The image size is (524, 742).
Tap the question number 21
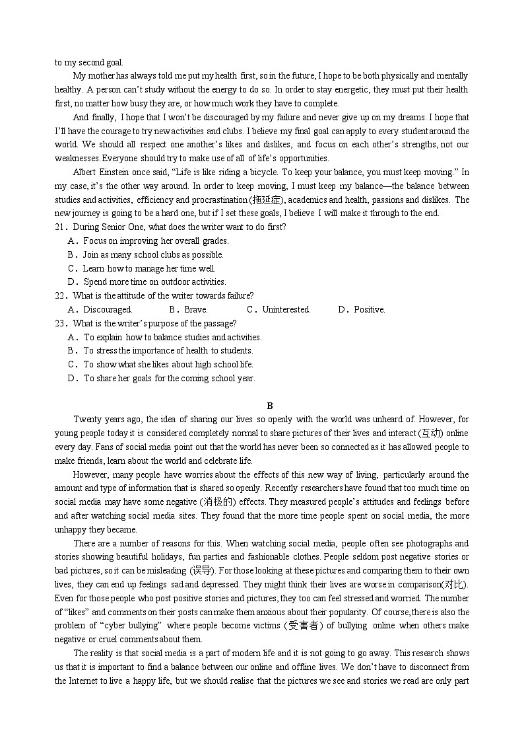point(60,227)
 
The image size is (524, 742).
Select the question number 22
point(60,296)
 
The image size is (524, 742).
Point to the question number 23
point(60,324)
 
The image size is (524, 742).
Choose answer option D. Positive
point(362,310)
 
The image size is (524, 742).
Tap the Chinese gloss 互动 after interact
point(432,433)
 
